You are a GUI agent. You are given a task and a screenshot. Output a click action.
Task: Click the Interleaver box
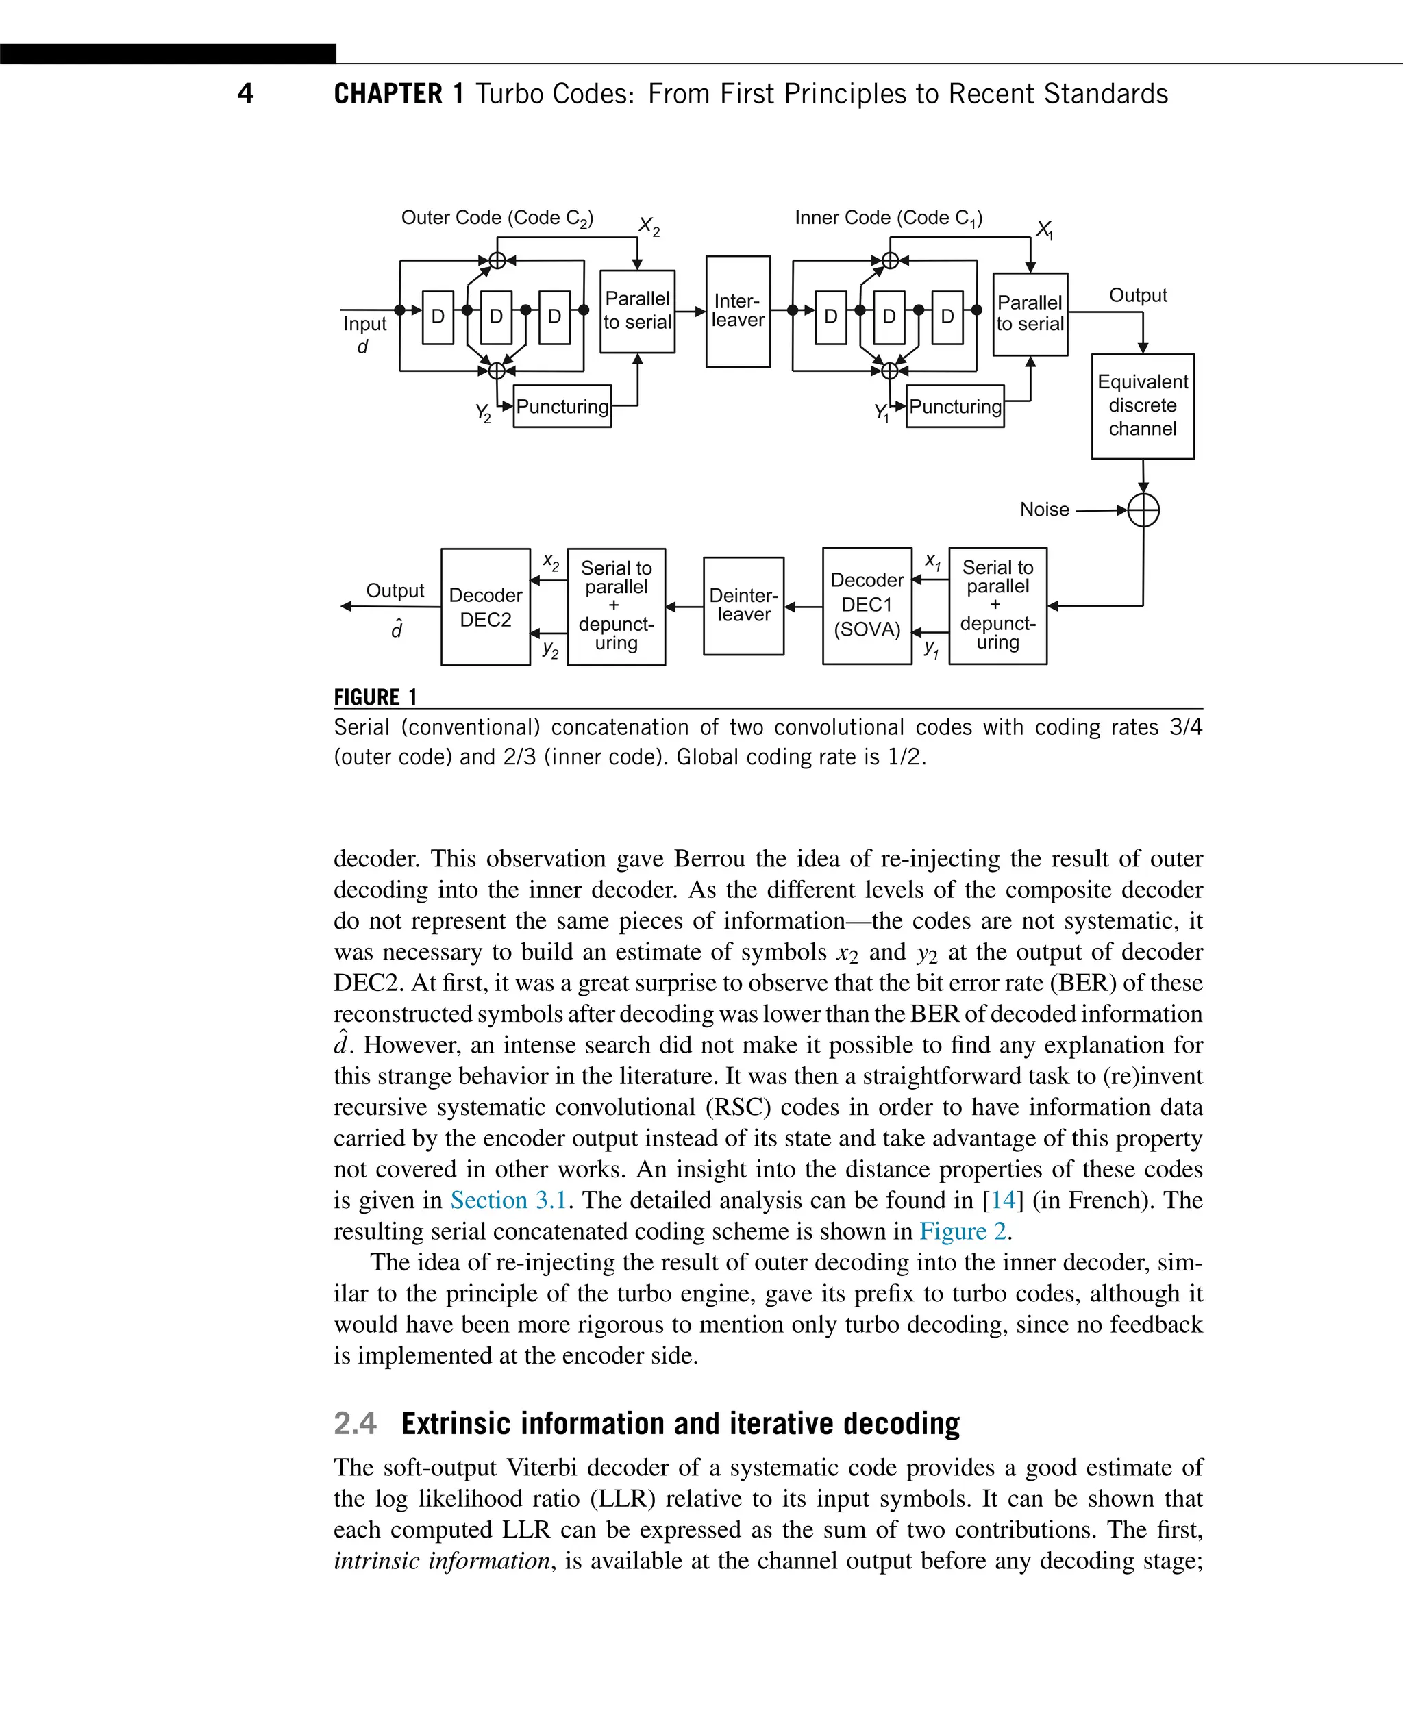click(738, 311)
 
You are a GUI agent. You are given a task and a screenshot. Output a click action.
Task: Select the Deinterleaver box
click(743, 605)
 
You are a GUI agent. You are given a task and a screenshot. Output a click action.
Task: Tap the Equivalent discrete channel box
click(1142, 405)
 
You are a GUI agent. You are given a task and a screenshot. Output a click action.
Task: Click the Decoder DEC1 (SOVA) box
click(867, 605)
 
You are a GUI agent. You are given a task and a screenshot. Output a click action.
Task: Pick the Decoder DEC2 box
click(485, 607)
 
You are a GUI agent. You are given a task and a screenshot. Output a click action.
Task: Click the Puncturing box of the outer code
click(562, 406)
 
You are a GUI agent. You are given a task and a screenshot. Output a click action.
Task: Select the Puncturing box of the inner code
click(954, 406)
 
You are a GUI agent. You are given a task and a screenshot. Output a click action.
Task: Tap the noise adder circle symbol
click(1143, 510)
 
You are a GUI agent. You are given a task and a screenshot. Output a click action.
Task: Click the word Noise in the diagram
click(1044, 510)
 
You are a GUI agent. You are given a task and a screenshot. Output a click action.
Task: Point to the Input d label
click(364, 334)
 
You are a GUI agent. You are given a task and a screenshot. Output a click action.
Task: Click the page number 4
click(246, 94)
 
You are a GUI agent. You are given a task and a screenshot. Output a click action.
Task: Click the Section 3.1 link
click(508, 1200)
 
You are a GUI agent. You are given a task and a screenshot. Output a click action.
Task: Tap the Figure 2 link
click(963, 1231)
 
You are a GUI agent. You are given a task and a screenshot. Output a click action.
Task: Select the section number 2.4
click(355, 1423)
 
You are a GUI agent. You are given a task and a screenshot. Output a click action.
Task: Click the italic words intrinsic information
click(442, 1560)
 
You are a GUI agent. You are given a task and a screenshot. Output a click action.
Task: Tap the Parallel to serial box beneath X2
click(637, 311)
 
